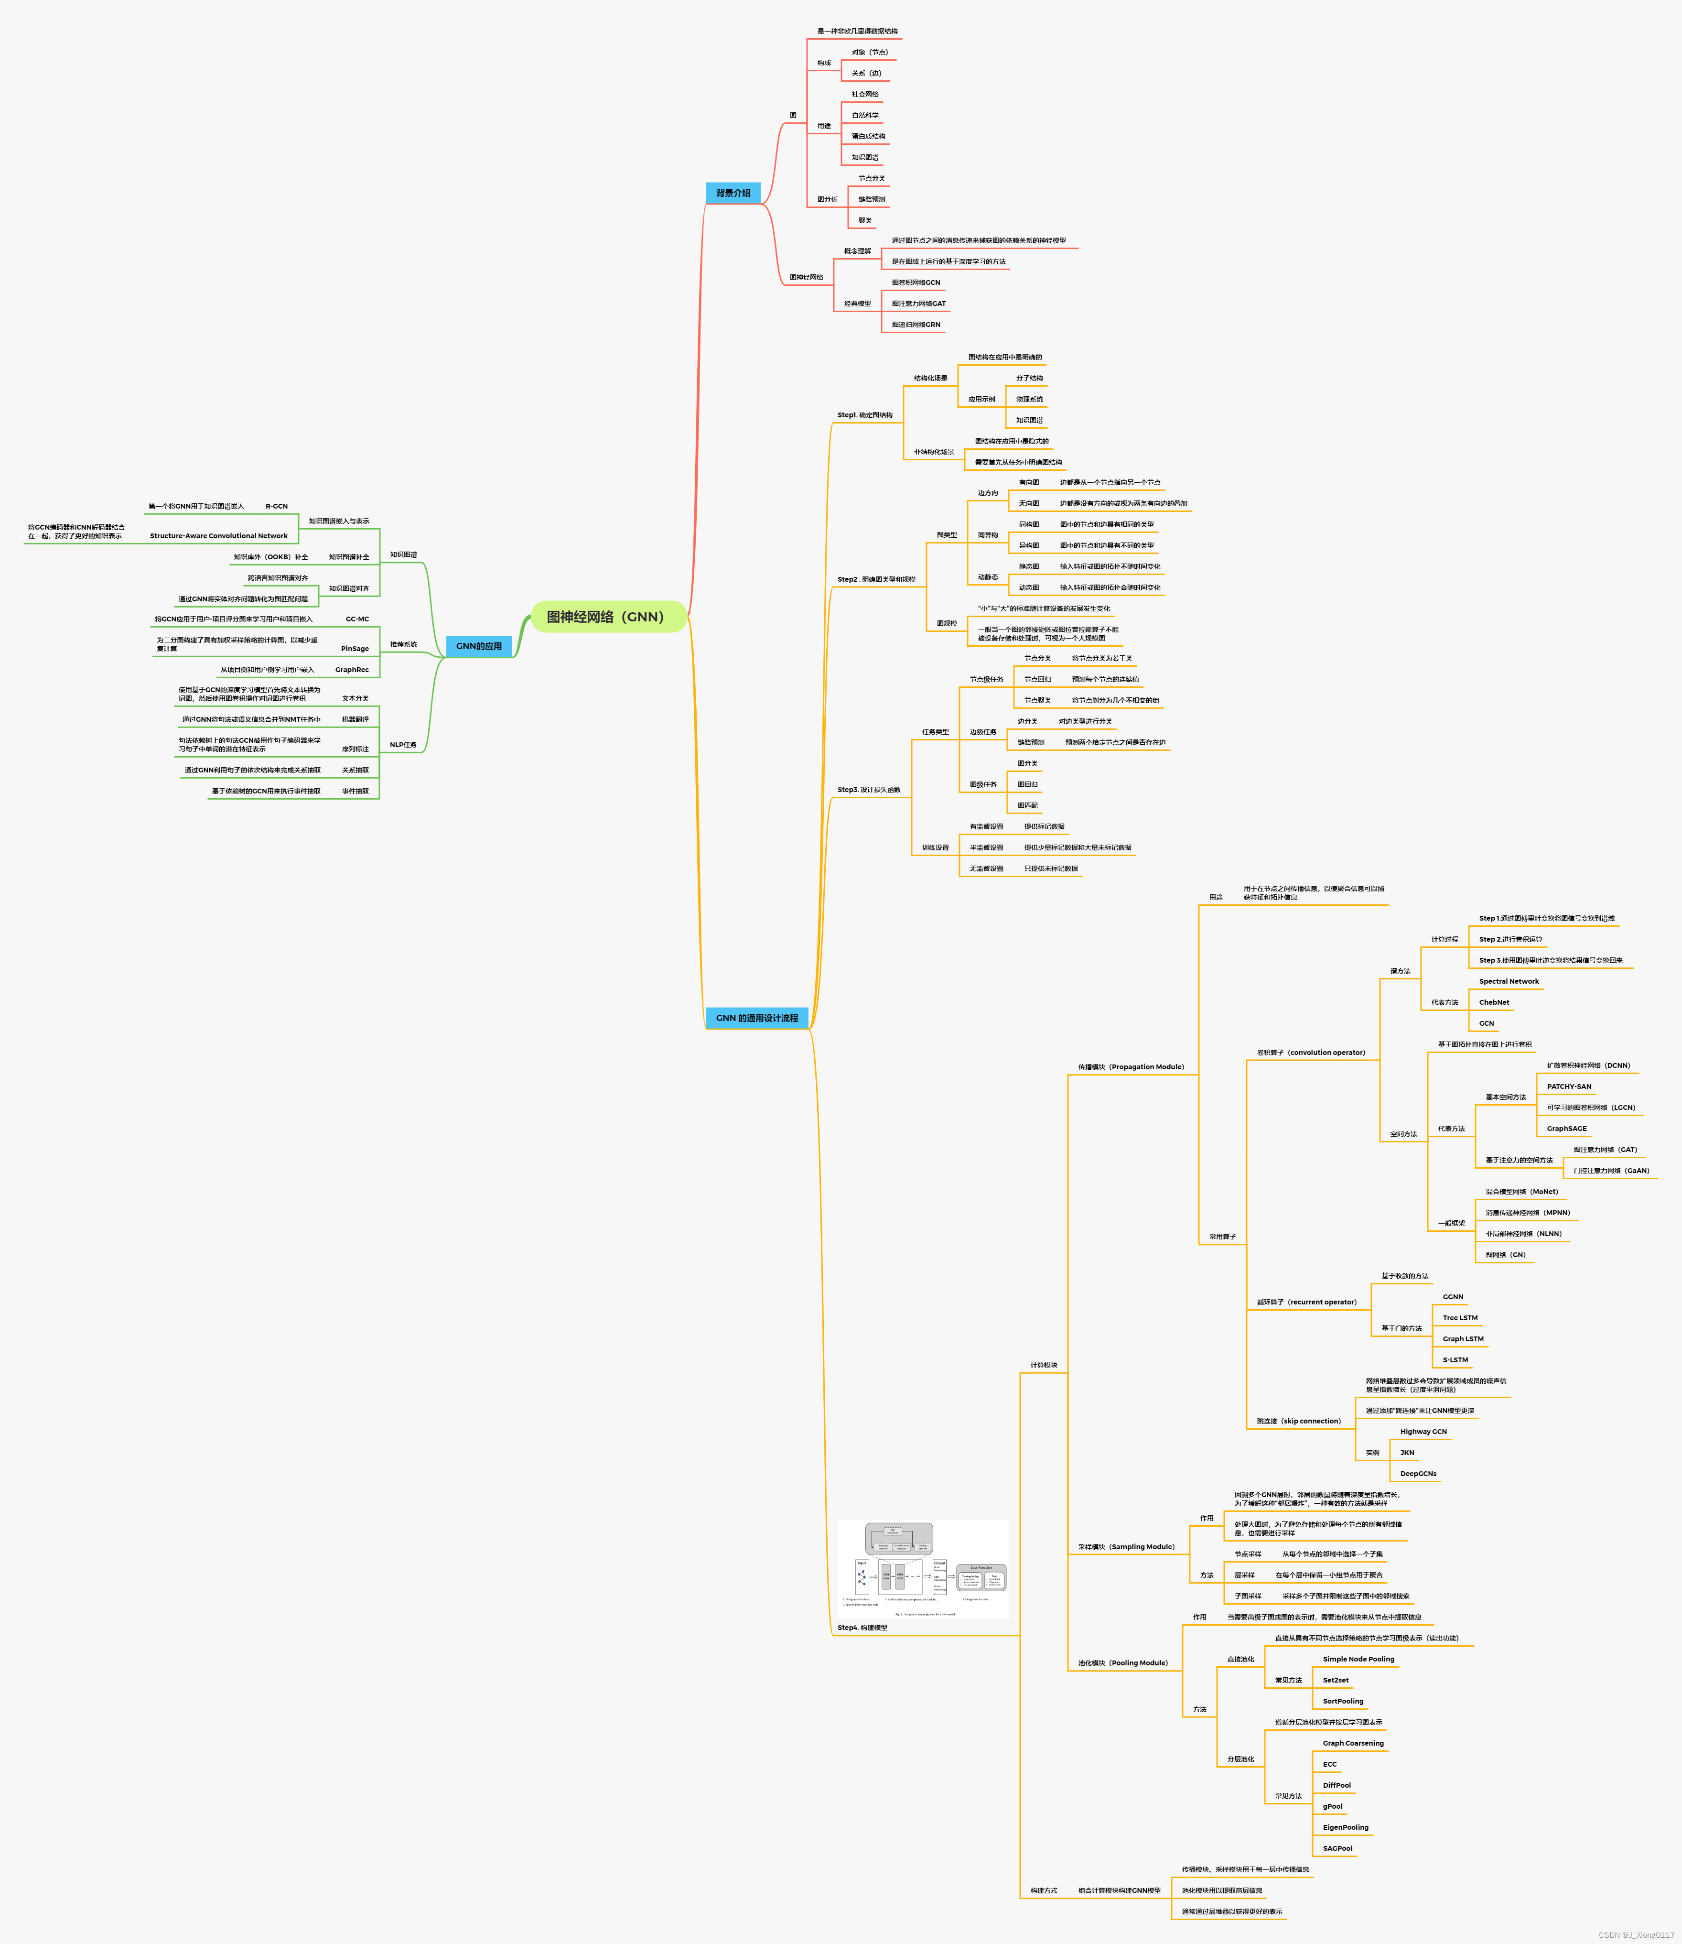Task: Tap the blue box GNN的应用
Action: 479,646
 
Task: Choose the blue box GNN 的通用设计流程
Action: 756,1018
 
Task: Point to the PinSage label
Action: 355,649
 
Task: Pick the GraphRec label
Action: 352,670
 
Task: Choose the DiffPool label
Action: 1337,1785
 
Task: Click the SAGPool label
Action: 1337,1848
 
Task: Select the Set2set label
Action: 1336,1680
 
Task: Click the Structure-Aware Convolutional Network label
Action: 219,536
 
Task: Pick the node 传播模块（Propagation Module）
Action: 1131,1067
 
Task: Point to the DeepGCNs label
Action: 1418,1474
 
